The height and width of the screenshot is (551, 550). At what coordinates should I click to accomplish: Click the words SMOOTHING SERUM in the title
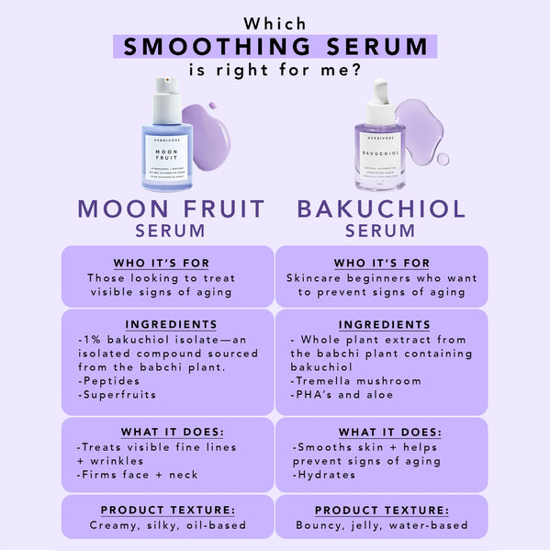275,46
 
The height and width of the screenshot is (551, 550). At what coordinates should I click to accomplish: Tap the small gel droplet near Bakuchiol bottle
443,159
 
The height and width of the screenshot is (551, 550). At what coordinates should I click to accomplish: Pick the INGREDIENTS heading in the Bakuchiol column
384,325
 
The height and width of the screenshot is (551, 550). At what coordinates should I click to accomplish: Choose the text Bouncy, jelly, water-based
382,525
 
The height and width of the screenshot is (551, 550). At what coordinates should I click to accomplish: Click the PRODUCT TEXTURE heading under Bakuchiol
382,510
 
